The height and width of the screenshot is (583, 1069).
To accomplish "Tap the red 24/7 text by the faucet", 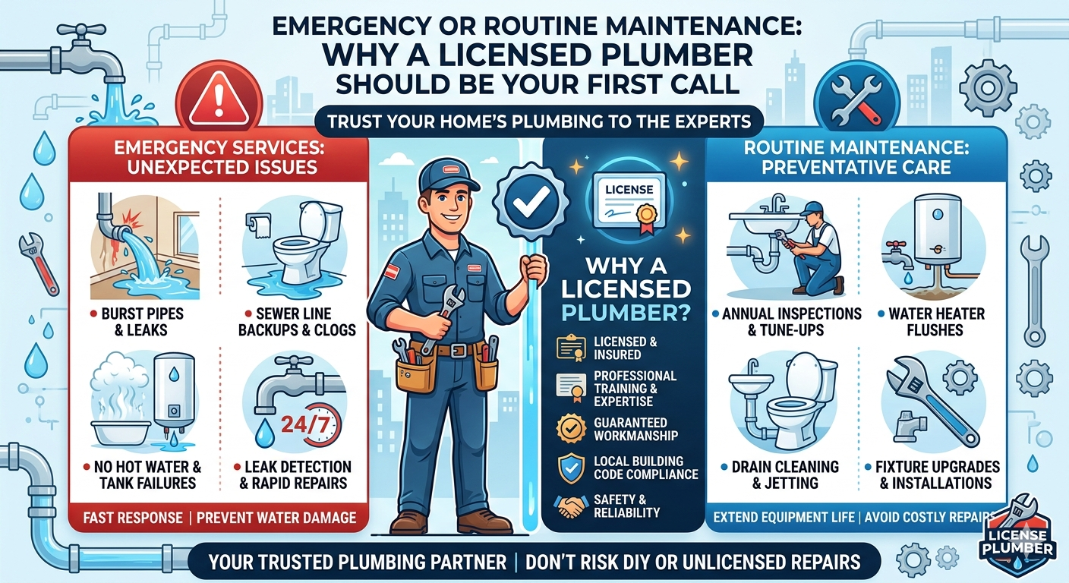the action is pos(305,424).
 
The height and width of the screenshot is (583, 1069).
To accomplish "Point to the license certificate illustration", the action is pos(629,201).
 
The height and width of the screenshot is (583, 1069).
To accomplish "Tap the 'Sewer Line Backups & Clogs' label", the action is pos(297,322).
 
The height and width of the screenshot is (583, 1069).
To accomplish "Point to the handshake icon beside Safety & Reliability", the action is pos(571,506).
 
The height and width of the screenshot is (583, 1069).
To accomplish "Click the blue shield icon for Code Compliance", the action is pos(571,468).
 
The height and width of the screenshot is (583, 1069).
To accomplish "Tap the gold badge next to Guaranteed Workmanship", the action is pos(571,428).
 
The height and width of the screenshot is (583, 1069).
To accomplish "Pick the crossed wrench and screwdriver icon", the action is pos(856,101).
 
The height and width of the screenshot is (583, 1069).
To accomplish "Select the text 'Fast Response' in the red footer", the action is pos(133,518).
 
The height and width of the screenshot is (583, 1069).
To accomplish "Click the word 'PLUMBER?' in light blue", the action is pos(626,313).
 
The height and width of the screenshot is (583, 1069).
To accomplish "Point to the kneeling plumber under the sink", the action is pos(814,248).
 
